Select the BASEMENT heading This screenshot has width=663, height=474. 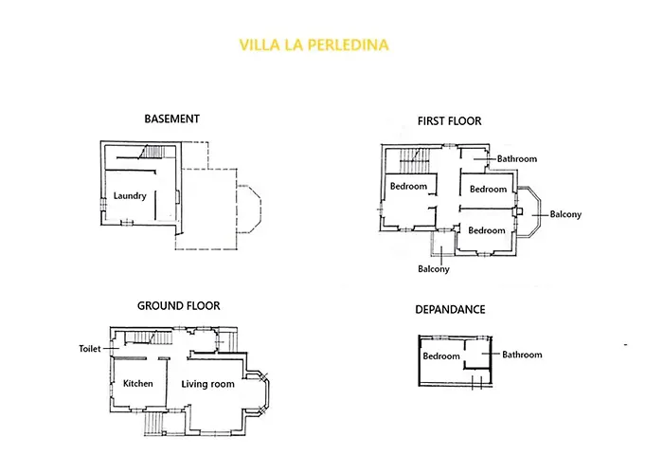(171, 119)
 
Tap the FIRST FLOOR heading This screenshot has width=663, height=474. (449, 120)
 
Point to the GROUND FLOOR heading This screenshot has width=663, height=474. (178, 305)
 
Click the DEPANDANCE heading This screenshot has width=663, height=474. (450, 309)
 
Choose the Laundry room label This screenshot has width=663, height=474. (128, 196)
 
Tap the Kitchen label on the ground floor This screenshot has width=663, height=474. (138, 383)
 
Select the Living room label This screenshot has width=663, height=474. (207, 384)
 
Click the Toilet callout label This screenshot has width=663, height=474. (90, 348)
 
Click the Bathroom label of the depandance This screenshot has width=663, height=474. (522, 355)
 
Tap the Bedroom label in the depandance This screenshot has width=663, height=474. (440, 356)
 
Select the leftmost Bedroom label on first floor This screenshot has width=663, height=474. (408, 186)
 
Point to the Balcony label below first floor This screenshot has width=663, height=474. (433, 268)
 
